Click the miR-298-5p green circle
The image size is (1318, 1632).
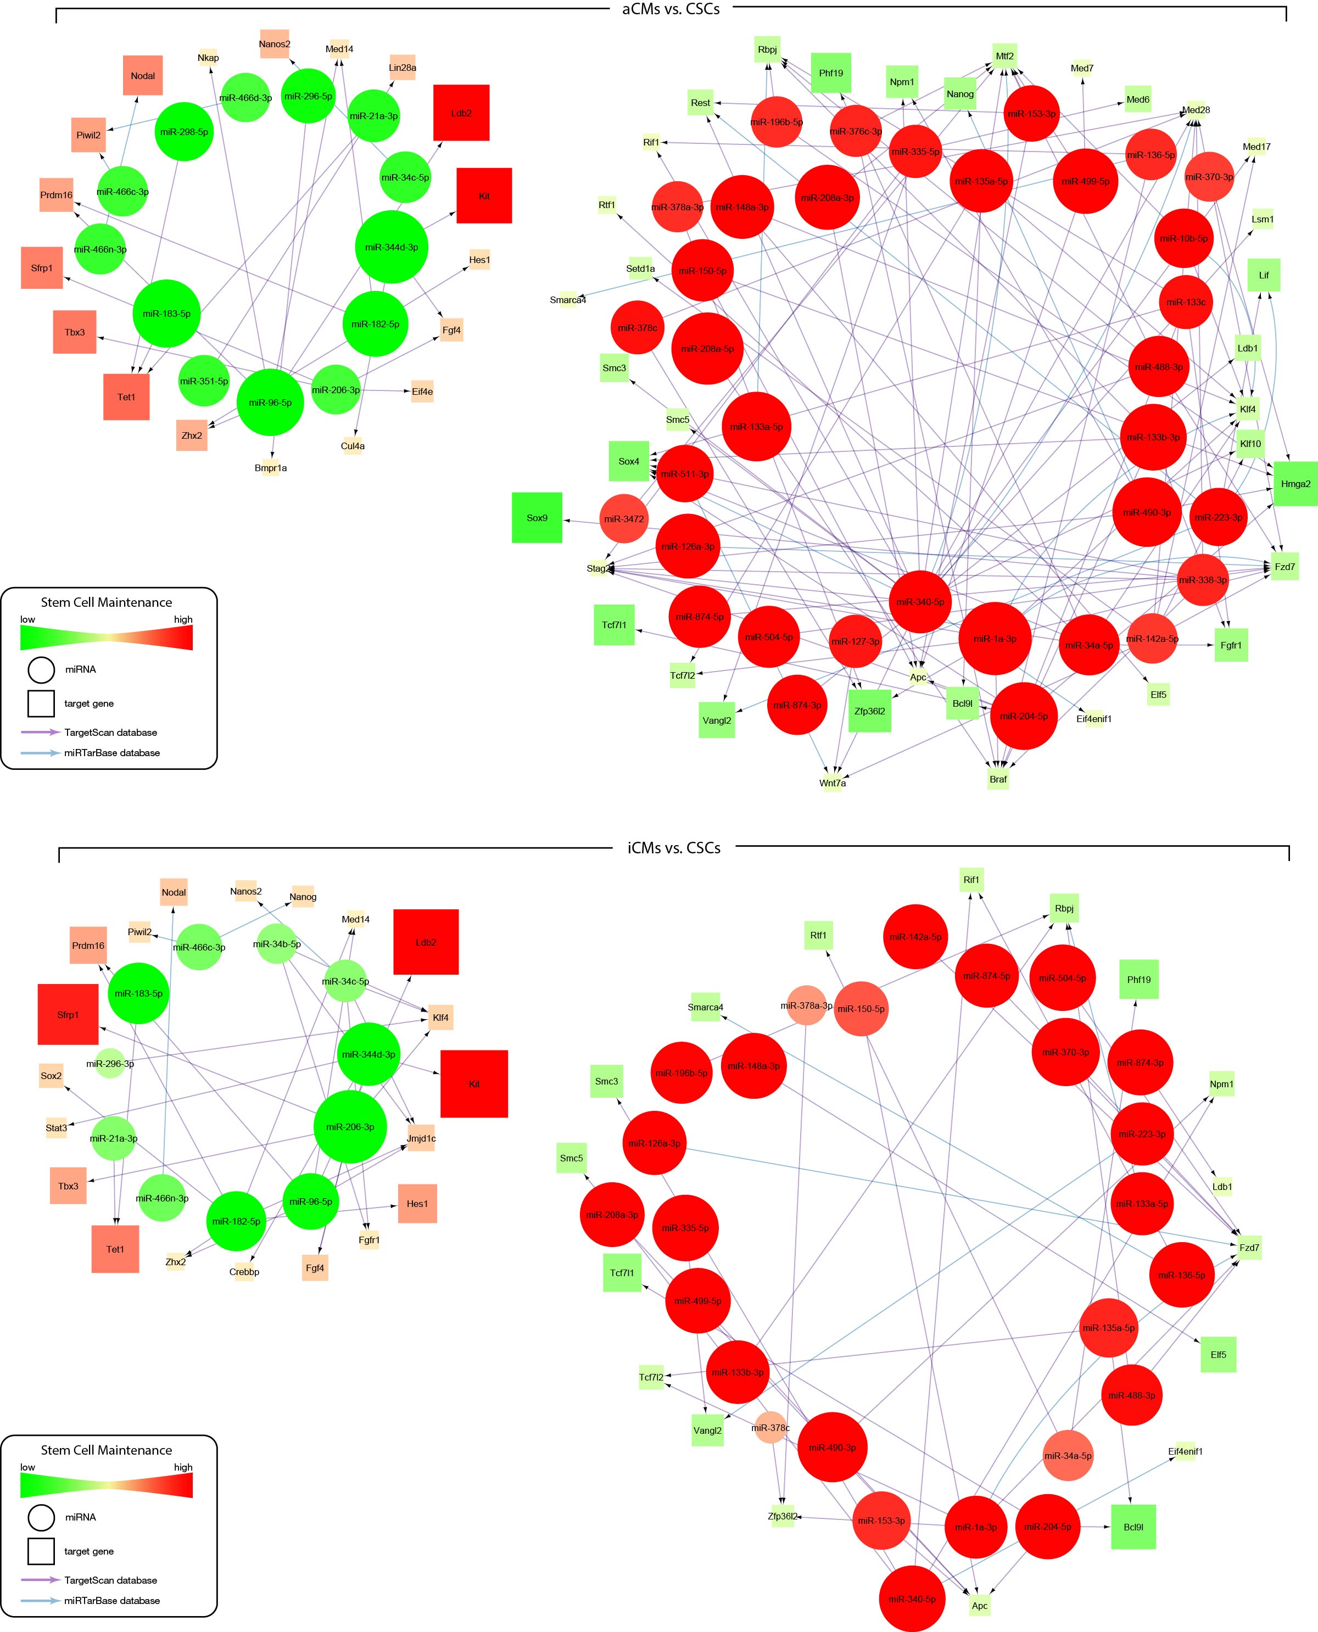[185, 131]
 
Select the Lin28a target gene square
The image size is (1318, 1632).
[403, 68]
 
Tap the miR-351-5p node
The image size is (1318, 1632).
[204, 381]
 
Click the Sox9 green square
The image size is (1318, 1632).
[537, 518]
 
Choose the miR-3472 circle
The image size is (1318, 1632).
[624, 519]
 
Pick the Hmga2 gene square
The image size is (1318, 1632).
[1296, 484]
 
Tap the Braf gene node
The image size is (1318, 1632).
[998, 779]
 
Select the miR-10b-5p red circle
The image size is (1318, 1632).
[1183, 238]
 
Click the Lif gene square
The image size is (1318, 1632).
[1264, 275]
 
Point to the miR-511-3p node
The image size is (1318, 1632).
[685, 474]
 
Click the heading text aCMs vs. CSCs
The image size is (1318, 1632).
[671, 10]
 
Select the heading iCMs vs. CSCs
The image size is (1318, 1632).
[674, 848]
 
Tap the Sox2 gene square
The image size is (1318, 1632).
[52, 1076]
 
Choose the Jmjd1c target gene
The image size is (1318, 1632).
[421, 1138]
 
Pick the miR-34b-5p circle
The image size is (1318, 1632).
[277, 944]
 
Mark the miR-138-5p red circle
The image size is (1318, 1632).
[1181, 1275]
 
